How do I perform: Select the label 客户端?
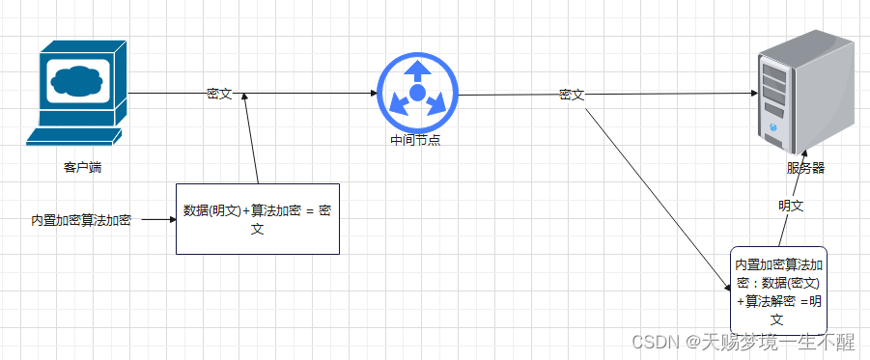[83, 167]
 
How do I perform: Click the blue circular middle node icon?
[417, 93]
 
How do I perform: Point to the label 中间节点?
[416, 141]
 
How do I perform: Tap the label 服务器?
[805, 168]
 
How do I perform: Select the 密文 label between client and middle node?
[219, 94]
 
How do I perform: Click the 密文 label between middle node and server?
[572, 95]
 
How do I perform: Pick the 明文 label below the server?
[792, 206]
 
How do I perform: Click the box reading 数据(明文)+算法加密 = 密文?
[257, 218]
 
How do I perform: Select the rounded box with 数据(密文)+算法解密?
[778, 290]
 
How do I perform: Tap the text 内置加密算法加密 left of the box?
[81, 220]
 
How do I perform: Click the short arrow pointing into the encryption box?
[158, 220]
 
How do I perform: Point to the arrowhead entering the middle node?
[373, 94]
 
